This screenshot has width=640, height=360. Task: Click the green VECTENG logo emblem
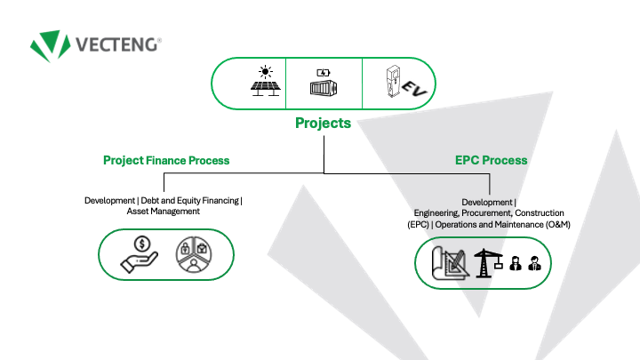pyautogui.click(x=50, y=45)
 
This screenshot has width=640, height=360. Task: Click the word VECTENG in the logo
pyautogui.click(x=116, y=45)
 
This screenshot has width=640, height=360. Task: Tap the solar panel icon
pyautogui.click(x=265, y=81)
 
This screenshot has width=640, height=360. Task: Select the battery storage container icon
pyautogui.click(x=324, y=83)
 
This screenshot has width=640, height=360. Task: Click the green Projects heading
pyautogui.click(x=323, y=123)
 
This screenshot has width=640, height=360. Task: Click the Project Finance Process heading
pyautogui.click(x=166, y=160)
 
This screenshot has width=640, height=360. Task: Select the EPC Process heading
pyautogui.click(x=491, y=160)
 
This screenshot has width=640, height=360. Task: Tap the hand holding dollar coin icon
pyautogui.click(x=140, y=255)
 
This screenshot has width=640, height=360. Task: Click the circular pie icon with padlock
pyautogui.click(x=194, y=254)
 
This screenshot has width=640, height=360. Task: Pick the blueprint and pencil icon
pyautogui.click(x=450, y=263)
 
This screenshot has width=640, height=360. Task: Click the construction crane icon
pyautogui.click(x=488, y=263)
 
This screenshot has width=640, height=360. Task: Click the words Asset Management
pyautogui.click(x=164, y=212)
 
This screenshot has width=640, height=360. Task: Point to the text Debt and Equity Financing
pyautogui.click(x=190, y=200)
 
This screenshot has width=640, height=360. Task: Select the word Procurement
pyautogui.click(x=486, y=213)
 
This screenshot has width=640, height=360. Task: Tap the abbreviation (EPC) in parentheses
pyautogui.click(x=419, y=225)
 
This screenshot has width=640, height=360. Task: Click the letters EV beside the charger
pyautogui.click(x=414, y=89)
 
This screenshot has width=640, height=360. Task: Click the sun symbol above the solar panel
pyautogui.click(x=265, y=72)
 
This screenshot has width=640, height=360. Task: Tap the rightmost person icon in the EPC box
pyautogui.click(x=534, y=263)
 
